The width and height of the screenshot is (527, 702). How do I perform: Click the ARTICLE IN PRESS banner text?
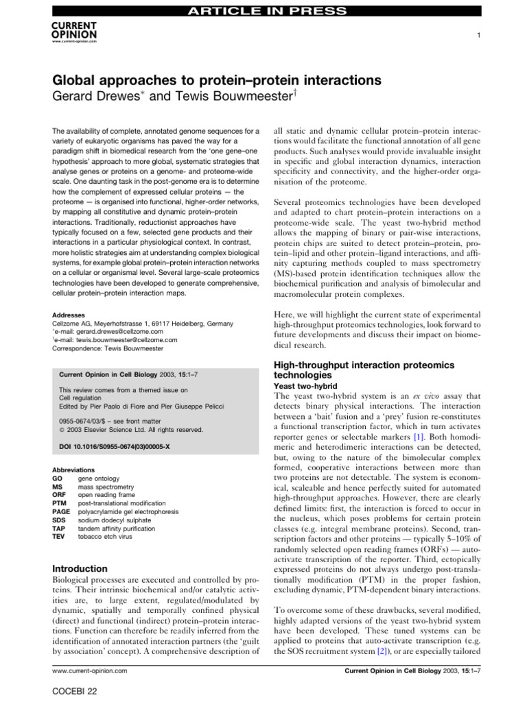263,10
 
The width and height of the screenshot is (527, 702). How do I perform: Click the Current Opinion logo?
74,32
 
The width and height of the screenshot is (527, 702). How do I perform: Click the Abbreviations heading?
73,470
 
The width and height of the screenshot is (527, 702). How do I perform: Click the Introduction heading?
80,568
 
